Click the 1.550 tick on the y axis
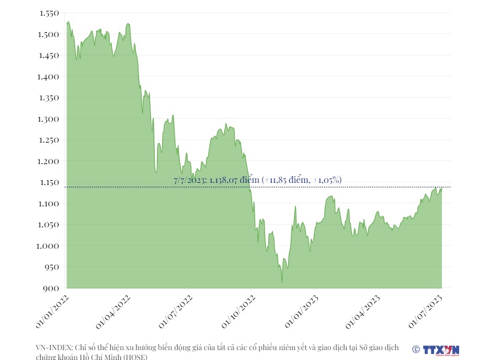49,13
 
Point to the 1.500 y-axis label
49,34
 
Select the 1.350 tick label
49,98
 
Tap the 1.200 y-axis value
49,161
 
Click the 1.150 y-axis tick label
49,182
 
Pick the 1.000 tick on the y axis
49,246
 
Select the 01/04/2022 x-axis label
113,311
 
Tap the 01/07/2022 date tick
176,311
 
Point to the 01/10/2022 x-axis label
238,311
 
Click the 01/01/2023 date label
301,311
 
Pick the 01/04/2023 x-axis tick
362,311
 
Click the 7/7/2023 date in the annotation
190,180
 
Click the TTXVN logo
440,350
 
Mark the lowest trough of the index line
282,283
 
